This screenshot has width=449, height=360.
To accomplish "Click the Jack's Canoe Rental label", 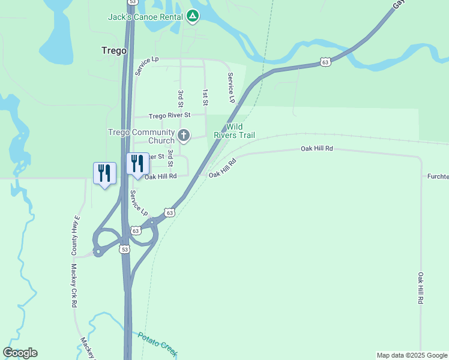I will coord(144,17).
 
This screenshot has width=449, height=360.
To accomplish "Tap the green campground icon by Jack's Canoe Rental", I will coord(193,16).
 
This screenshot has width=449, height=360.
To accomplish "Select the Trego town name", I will coord(114,51).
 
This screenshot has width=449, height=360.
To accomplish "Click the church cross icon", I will coord(184,136).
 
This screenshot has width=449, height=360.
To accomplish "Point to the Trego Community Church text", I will coord(141,136).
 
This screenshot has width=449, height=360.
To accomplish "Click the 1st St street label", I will coord(205,98).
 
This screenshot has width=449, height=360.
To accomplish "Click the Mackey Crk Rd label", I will coord(74,286).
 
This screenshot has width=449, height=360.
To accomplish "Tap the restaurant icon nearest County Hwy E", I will coord(104,173).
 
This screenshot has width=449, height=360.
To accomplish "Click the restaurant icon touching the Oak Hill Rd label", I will coord(137,163).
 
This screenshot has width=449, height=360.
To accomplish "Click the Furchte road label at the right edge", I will coord(438,176).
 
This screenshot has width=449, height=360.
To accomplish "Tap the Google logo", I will coord(20,353).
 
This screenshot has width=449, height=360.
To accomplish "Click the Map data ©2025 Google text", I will coord(412,355).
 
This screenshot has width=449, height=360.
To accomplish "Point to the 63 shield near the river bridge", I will coord(325,62).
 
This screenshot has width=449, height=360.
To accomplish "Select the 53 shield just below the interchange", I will coord(124,248).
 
